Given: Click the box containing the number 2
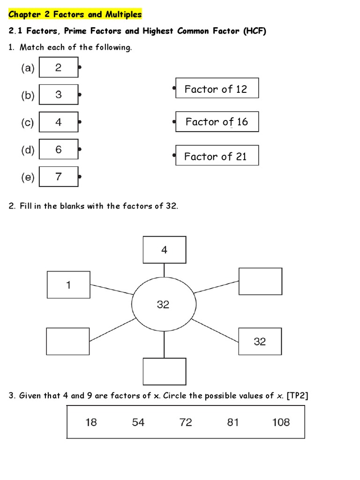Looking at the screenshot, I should point(58,67).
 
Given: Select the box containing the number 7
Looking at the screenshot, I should point(58,177).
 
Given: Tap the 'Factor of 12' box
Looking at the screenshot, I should point(217,88).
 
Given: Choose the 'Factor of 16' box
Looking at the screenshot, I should point(217,122).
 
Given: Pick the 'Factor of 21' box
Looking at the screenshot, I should point(217,156).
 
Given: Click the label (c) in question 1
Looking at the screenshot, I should point(27,123).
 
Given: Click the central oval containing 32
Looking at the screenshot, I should point(163,305).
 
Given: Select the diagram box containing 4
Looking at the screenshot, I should point(164,250).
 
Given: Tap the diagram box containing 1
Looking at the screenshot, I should point(68,285).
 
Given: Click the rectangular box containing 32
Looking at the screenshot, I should point(260,342).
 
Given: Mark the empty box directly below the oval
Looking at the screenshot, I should point(164,372).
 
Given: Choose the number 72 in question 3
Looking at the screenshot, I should point(186,422).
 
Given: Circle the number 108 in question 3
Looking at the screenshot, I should point(281,422).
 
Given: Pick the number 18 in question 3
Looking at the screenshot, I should point(91,422).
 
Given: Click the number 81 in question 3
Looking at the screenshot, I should point(233,422).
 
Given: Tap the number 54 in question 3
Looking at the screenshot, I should point(138,422).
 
